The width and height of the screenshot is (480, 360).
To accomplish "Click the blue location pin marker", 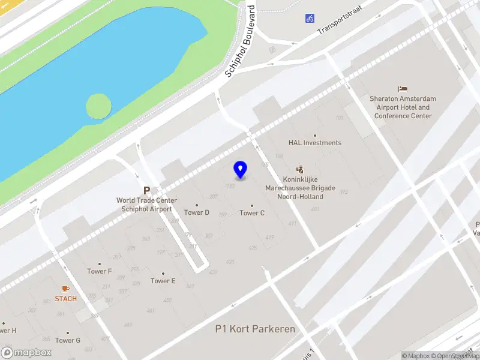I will point(241,170).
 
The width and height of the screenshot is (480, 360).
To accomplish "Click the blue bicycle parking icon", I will point(310,18).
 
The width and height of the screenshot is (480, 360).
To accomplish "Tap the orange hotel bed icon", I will point(403,89).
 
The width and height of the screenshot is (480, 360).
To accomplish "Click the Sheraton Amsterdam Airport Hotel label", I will point(403,107).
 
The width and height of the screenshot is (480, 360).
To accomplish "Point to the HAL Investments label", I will point(314,143).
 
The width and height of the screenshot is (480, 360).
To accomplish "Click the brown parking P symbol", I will point(146,190).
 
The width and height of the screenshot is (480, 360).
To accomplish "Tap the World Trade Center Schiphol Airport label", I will point(146,205).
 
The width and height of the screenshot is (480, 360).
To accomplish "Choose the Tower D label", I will point(197,212).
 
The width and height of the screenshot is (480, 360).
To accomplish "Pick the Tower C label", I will point(252,212).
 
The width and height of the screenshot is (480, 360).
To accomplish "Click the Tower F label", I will point(100,271).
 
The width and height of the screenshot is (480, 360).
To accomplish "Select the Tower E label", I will point(163,281).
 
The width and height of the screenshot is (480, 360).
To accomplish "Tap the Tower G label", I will point(68,340).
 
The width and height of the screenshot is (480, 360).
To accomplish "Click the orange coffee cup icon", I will point(65,289).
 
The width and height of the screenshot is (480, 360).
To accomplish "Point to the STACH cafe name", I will point(65,299).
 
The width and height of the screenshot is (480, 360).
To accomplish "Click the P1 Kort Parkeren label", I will point(255,329).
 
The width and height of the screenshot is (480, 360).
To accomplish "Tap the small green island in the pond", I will point(98,106).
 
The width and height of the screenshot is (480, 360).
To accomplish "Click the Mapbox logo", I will point(26,353).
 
